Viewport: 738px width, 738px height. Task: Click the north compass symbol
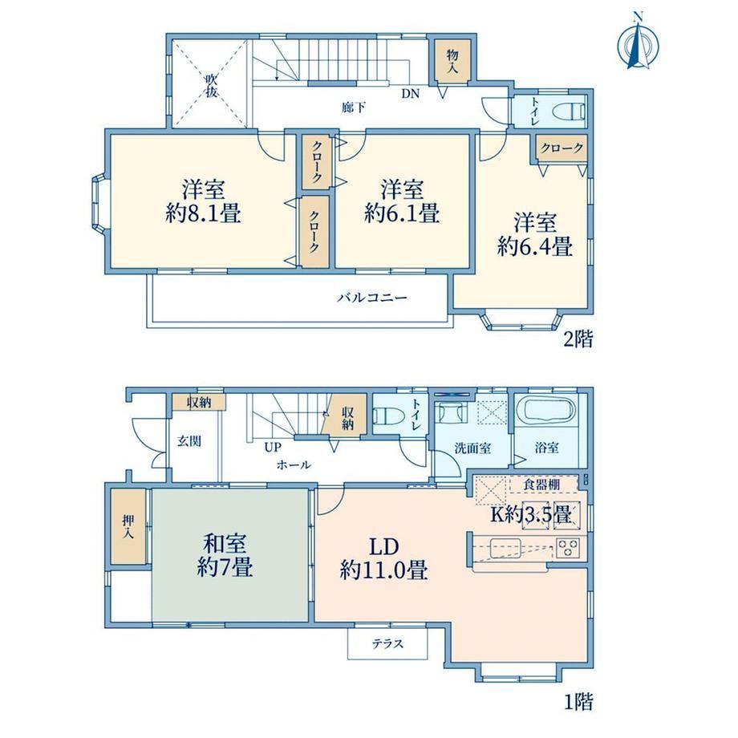[x=638, y=42]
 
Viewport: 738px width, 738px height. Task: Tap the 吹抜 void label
[x=210, y=86]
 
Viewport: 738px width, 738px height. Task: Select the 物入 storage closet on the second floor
[x=452, y=62]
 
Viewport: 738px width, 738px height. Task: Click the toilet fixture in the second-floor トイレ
[x=569, y=112]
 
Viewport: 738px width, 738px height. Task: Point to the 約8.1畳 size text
[x=203, y=214]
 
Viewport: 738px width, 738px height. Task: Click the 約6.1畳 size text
[x=402, y=213]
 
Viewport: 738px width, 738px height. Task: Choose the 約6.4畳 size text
[x=535, y=246]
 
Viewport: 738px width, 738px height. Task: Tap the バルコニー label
[x=372, y=298]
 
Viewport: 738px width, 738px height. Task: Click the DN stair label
[x=411, y=94]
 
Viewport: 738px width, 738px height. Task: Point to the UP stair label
[x=273, y=447]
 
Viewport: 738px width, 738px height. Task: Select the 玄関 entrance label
[x=189, y=441]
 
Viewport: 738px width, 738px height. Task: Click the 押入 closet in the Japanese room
[x=128, y=527]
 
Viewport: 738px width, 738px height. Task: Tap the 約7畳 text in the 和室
[x=225, y=566]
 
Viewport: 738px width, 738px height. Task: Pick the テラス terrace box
[x=387, y=643]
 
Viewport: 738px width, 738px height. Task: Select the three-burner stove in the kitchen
[x=568, y=547]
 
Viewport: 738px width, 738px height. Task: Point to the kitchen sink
[x=505, y=547]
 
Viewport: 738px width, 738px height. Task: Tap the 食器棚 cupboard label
[x=541, y=485]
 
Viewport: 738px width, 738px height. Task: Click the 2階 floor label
[x=578, y=339]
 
